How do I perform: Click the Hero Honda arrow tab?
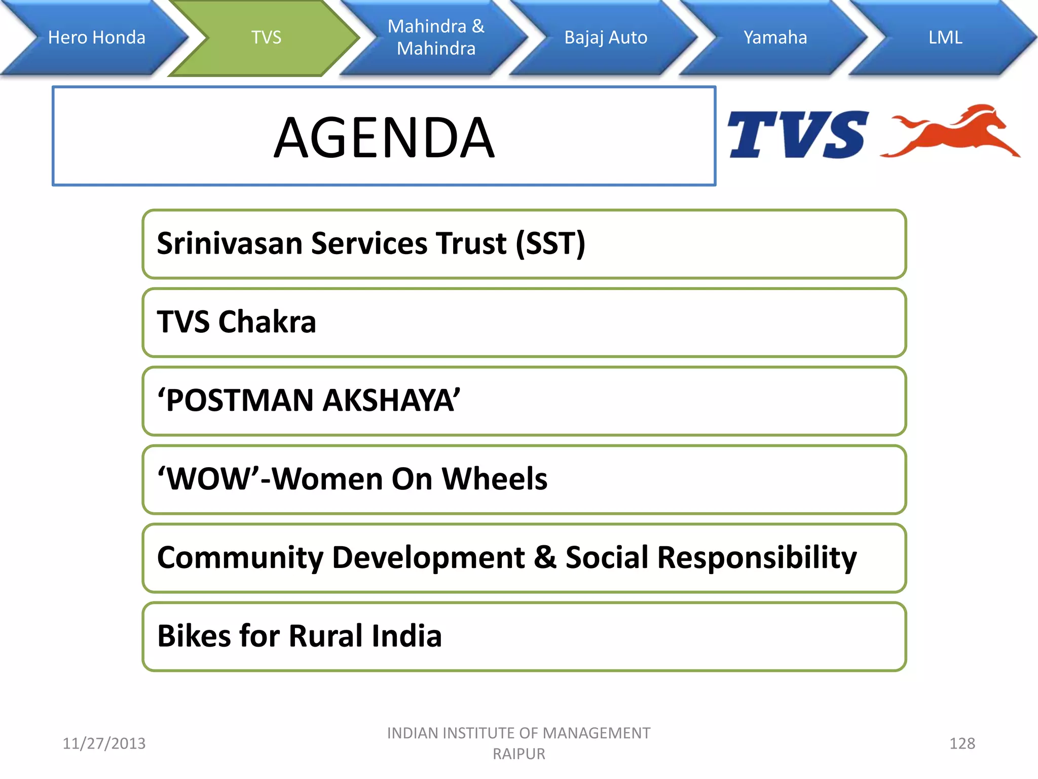(96, 38)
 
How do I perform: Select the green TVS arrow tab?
(266, 38)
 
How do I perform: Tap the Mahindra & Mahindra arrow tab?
(436, 38)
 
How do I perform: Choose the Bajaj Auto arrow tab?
(606, 38)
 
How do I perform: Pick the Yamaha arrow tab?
(775, 38)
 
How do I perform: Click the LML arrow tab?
(945, 38)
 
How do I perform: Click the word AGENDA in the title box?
(384, 138)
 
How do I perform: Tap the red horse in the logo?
(953, 132)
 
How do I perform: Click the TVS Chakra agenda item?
(237, 322)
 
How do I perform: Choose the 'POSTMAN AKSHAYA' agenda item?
(309, 401)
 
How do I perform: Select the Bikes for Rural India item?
(300, 636)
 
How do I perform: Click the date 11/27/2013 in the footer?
(104, 743)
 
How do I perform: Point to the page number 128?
(961, 743)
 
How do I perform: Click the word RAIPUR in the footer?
(518, 754)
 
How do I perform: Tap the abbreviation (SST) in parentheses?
(550, 243)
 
